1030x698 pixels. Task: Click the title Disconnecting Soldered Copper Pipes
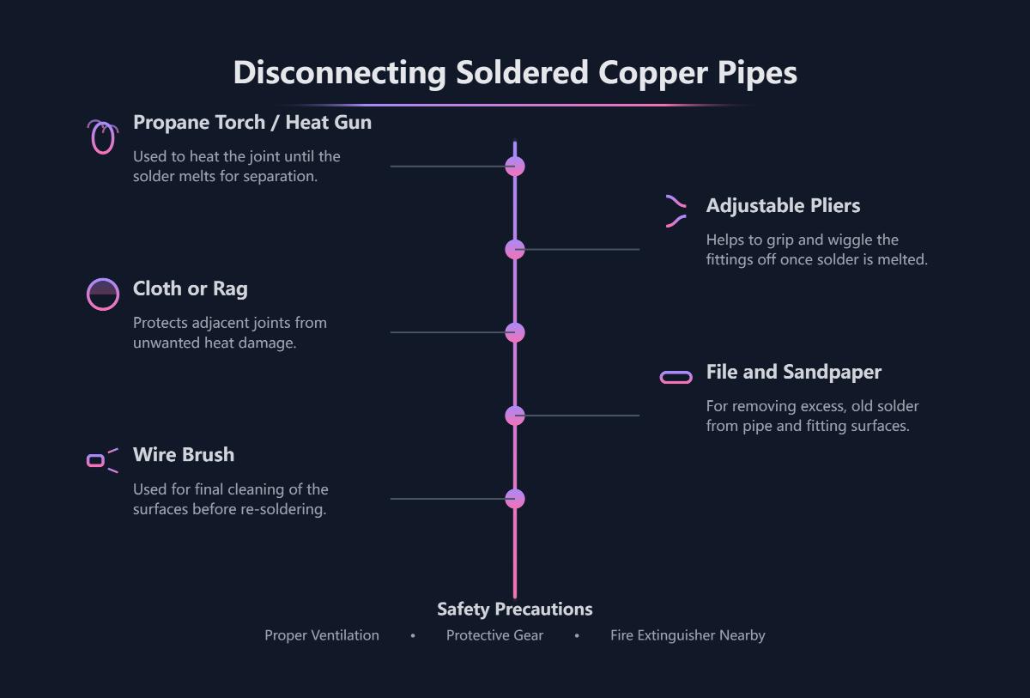coord(515,73)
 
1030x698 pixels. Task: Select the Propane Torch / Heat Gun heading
coord(251,123)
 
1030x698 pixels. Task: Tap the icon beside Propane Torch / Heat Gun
coord(102,137)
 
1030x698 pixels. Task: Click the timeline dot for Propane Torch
coord(515,167)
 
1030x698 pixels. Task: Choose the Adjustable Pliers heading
coord(783,206)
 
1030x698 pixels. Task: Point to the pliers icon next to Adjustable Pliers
coord(676,211)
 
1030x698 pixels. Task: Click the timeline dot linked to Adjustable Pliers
coord(515,250)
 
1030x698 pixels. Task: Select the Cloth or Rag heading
coord(190,289)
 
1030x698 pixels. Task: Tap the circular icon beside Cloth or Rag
coord(103,294)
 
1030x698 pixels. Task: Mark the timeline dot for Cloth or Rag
coord(515,333)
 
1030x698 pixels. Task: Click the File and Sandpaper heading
coord(793,373)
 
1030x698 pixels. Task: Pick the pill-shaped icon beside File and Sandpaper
coord(676,378)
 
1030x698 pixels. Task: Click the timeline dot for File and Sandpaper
coord(515,416)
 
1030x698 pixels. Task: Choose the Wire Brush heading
coord(183,455)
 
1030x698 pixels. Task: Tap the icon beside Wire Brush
coord(101,461)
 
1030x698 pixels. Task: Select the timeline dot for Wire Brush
coord(515,499)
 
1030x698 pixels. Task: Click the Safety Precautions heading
coord(514,610)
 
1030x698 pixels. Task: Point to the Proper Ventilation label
coord(321,636)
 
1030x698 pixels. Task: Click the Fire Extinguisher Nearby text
coord(688,636)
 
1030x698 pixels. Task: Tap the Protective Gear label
coord(494,636)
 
